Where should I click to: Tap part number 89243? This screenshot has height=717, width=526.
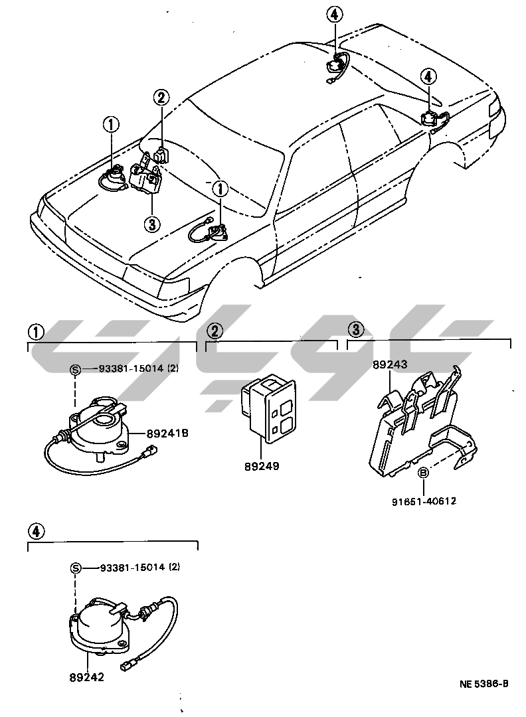point(390,364)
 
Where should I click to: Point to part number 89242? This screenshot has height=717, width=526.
point(86,677)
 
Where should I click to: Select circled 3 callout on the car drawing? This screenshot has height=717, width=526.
point(152,224)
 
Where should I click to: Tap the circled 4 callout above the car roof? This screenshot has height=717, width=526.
point(335,13)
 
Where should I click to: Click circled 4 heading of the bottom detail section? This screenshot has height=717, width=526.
point(37,530)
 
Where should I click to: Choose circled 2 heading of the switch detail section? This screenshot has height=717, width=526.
point(215,330)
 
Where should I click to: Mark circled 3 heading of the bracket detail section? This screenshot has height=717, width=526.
point(356,329)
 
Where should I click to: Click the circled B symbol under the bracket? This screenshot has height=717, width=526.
point(422,473)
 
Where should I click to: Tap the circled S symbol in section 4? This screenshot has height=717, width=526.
point(76,568)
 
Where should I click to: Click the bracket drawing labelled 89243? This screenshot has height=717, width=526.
point(418,425)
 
